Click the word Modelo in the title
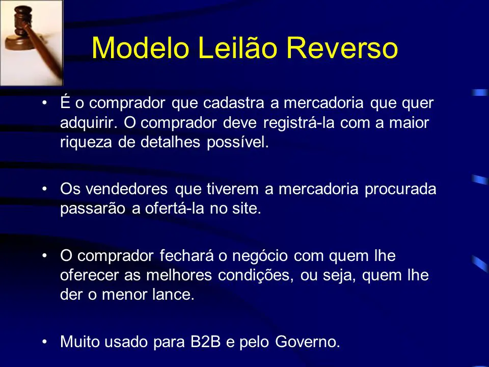click(x=141, y=48)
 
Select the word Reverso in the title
click(x=342, y=48)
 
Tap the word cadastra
click(x=234, y=103)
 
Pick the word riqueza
click(x=86, y=143)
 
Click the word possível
click(x=238, y=142)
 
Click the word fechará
click(x=187, y=256)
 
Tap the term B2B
click(x=205, y=342)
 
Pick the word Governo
click(x=308, y=342)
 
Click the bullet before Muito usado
click(x=45, y=342)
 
